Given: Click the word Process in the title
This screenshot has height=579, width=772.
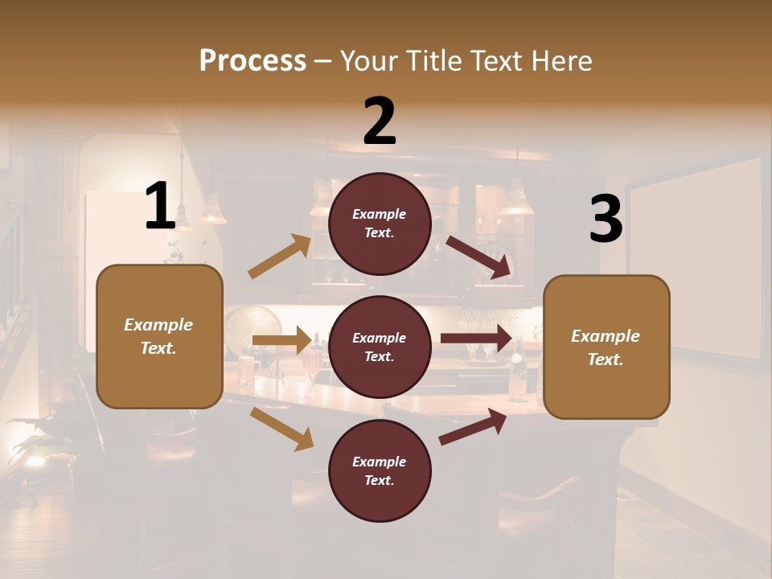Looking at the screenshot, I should coord(253,60).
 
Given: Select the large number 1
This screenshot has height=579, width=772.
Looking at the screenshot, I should coord(160,207).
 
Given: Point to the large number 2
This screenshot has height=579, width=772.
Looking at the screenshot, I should coord(380,121).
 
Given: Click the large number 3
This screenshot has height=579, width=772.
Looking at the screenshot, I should coord(606,219).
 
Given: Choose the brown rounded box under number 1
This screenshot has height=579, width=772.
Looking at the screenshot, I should coord(159,336).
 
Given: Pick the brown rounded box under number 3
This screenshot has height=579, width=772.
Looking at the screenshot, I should coord(606,347).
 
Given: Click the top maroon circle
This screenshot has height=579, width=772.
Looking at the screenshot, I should coord(380,224).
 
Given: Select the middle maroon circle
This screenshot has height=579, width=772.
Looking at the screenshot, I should coord(380,347).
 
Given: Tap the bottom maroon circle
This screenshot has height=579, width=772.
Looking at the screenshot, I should coord(380,470).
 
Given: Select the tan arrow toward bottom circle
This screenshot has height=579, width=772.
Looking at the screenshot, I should coord(281,428).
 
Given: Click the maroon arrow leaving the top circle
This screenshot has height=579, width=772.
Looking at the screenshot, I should coord(479,257).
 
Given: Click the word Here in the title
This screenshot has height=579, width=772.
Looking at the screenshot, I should coord(562,60).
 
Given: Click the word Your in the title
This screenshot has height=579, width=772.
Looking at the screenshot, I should coord(370,60).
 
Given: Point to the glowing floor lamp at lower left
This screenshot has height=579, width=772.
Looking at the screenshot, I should coord(35,460).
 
